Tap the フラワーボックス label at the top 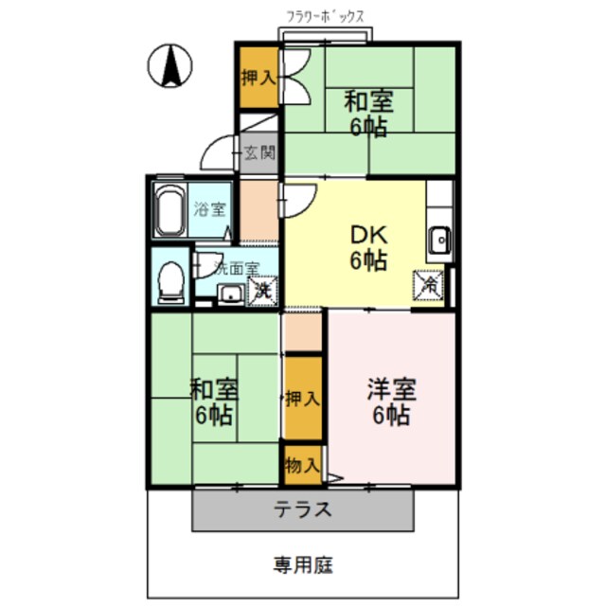(326, 16)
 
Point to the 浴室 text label (210, 208)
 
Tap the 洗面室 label (236, 268)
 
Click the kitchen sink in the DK (439, 242)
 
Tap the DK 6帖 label (367, 248)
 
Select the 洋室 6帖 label (390, 401)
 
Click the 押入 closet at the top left (257, 76)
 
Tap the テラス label (303, 509)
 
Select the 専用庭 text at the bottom (303, 565)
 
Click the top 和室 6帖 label (367, 114)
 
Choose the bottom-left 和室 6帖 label (214, 401)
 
